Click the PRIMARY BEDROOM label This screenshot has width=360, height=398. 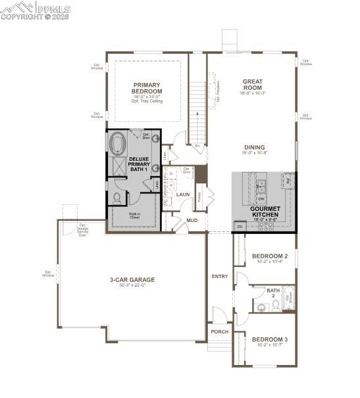[x=147, y=88]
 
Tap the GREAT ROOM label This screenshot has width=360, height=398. [x=252, y=84]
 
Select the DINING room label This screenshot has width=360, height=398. [x=253, y=148]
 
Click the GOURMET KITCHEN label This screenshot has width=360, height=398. [x=264, y=212]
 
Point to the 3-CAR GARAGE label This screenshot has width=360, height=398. [x=132, y=279]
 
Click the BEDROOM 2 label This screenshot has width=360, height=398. [x=270, y=256]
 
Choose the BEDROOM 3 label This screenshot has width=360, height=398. [x=270, y=339]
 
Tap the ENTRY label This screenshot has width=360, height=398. [x=219, y=276]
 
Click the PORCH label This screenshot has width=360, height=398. [x=219, y=331]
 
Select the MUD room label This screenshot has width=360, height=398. [x=192, y=221]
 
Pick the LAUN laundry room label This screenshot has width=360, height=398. [x=183, y=194]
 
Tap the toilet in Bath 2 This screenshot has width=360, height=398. [x=259, y=305]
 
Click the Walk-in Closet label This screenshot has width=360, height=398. [x=134, y=215]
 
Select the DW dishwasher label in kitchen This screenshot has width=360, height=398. [x=261, y=198]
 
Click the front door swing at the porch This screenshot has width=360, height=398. [x=220, y=315]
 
